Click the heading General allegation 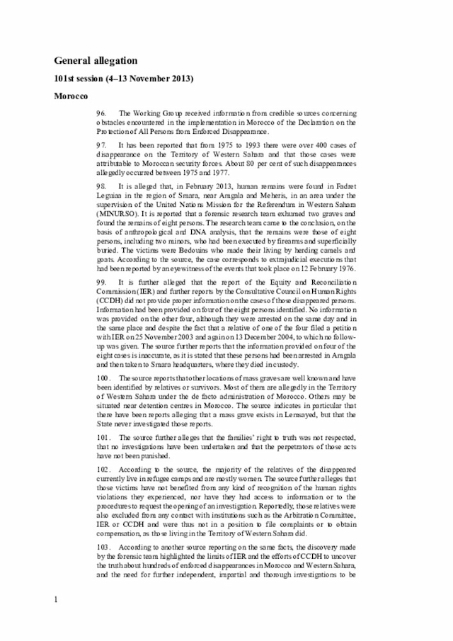tap(96, 61)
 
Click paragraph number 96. tap(102, 113)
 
